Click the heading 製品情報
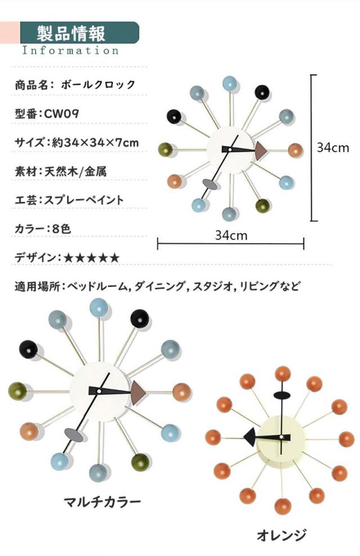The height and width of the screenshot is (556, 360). point(71,33)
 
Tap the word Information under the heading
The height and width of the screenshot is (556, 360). point(70,50)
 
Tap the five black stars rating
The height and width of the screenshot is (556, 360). point(92,258)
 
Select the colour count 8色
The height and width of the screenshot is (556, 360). point(57,229)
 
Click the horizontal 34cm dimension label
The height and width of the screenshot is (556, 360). point(231,235)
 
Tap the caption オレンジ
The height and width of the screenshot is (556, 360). point(281,535)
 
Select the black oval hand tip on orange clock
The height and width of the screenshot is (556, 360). point(281,396)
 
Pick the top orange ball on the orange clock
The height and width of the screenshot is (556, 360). point(281,374)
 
